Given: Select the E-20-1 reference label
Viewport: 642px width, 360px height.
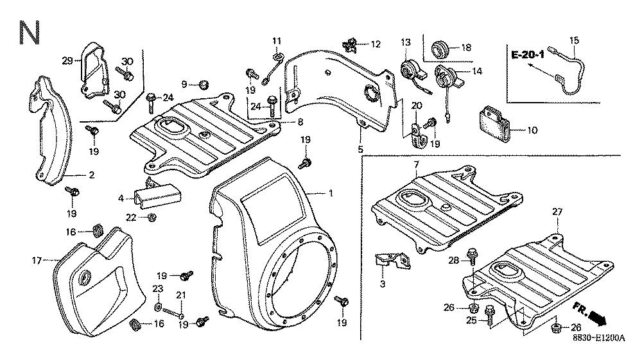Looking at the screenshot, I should [528, 55].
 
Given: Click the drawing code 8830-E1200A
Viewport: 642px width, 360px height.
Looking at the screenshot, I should [598, 341].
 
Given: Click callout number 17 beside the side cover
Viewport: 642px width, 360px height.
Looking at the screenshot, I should [36, 261].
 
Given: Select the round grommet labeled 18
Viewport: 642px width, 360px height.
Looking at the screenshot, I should [440, 47].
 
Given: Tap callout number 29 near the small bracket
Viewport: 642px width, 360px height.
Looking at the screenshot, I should [66, 60].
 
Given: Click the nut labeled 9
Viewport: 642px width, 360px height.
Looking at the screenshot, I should [204, 84].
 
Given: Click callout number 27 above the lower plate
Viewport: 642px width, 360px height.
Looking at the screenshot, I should [557, 212].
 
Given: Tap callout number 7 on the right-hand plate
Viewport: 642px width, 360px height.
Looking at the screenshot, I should [416, 166].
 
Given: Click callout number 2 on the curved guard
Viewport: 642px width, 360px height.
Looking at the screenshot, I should [91, 174].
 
